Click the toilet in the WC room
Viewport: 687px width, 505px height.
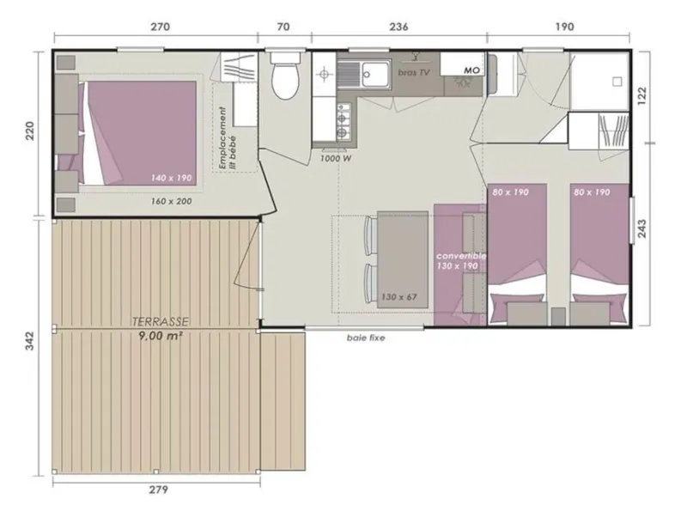point(285,75)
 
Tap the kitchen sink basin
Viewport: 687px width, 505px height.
point(374,74)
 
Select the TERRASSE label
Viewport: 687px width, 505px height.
point(161,322)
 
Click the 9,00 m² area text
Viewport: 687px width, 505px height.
point(161,336)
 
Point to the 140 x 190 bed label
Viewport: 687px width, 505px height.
point(172,178)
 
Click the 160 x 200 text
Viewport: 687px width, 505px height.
point(171,201)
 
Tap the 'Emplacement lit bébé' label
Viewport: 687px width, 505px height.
point(227,138)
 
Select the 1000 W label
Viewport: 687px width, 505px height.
point(336,159)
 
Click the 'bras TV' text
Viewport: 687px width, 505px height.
point(414,72)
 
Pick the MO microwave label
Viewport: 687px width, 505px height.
point(471,70)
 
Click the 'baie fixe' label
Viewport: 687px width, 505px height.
point(366,338)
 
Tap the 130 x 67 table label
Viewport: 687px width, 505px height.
point(398,297)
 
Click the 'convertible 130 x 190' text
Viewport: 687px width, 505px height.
point(461,261)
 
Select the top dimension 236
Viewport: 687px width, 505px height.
point(398,27)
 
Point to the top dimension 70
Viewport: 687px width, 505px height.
point(284,27)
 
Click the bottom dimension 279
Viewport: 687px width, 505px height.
point(158,490)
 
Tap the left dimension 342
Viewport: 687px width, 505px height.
point(29,341)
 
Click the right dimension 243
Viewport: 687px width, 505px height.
point(641,228)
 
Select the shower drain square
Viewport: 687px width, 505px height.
point(617,82)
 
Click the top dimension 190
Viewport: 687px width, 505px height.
point(564,27)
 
